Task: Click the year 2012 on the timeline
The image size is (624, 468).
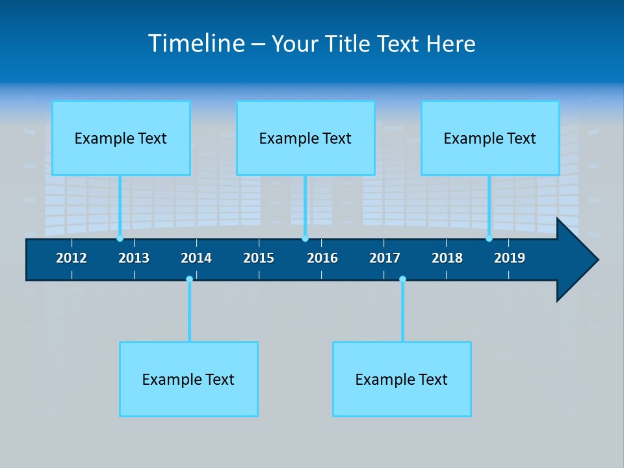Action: [71, 258]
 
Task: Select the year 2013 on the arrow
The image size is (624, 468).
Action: [134, 258]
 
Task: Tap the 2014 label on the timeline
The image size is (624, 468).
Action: [196, 258]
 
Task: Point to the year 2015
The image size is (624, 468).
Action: [259, 258]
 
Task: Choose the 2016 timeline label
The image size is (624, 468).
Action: [322, 258]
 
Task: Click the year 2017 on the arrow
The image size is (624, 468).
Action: [385, 258]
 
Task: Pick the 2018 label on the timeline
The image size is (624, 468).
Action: [447, 258]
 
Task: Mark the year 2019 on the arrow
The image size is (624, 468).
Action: [510, 258]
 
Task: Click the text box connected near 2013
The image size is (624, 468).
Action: [121, 138]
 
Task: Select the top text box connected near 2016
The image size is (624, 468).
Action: [305, 138]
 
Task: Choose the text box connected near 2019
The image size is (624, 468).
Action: [490, 138]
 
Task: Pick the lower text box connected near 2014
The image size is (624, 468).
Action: [188, 380]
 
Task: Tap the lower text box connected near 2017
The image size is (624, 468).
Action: [402, 380]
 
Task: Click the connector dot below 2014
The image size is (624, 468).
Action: [189, 279]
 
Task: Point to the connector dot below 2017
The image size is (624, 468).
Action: [402, 279]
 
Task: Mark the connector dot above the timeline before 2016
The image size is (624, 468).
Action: [305, 239]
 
